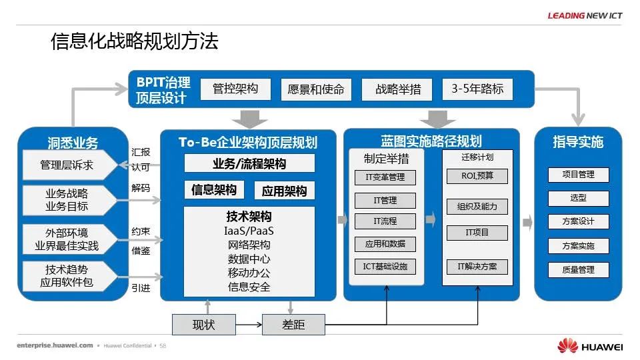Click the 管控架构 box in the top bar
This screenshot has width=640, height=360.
tap(235, 89)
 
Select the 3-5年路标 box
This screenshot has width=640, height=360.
tap(477, 89)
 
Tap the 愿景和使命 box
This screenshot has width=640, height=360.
tap(316, 89)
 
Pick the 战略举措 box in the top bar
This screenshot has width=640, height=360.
tap(399, 89)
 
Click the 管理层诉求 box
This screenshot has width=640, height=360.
tap(67, 165)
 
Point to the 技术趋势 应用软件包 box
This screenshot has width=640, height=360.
tap(67, 276)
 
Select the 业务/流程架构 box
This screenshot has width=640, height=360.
tap(249, 163)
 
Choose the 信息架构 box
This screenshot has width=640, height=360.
tap(214, 190)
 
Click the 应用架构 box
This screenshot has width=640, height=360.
tap(285, 191)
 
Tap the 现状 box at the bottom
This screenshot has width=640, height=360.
tap(204, 325)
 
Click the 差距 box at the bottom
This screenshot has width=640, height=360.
tap(293, 325)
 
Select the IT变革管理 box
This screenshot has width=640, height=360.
tap(385, 177)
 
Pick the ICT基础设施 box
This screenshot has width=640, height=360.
tap(385, 267)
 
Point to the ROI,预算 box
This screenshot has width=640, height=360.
tap(477, 176)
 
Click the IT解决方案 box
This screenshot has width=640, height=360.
tap(477, 267)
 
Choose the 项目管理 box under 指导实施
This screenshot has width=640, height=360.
tap(578, 175)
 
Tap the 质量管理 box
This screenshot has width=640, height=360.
tap(578, 270)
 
